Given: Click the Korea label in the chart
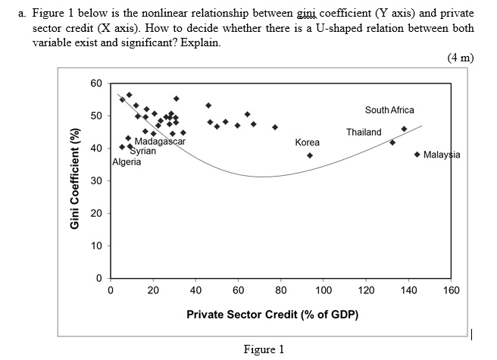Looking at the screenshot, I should click(307, 142).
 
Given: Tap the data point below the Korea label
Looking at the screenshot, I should click(310, 155).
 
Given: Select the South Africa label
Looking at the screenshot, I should click(389, 110).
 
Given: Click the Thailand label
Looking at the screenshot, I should click(364, 132).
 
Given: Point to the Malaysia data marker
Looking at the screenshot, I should click(418, 155).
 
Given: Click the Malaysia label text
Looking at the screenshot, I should click(442, 155).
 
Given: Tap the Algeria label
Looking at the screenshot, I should click(127, 161).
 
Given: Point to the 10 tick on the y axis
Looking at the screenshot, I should click(97, 246).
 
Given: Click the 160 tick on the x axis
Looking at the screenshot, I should click(450, 290).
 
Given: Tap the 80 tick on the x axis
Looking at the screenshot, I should click(280, 290).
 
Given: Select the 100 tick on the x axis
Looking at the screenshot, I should click(323, 290).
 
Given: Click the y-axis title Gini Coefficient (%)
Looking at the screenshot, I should click(75, 179).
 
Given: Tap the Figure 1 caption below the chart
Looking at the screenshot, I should click(264, 349).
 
